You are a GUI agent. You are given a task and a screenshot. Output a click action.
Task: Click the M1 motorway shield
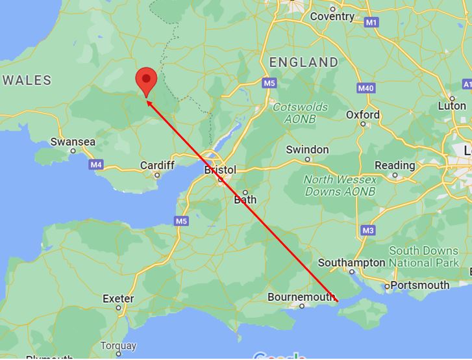click(371, 23)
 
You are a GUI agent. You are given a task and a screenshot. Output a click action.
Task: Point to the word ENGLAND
click(304, 63)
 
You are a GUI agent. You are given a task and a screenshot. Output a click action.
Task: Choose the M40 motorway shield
click(366, 88)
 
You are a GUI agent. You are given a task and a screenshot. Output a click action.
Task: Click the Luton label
click(452, 105)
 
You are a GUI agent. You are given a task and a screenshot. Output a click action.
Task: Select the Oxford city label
click(362, 115)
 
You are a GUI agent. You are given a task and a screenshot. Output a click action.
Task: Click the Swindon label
click(308, 149)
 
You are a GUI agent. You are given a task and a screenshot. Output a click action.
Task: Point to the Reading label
click(395, 165)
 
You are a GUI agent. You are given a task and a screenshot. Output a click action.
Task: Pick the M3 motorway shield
click(369, 230)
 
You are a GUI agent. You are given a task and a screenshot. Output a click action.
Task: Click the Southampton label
click(352, 263)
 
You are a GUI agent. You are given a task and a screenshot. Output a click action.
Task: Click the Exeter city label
click(118, 299)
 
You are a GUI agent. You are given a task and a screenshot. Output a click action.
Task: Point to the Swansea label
click(73, 142)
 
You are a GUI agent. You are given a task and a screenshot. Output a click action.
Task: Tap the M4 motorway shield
click(96, 165)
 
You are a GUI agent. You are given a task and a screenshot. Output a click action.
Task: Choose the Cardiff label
click(157, 166)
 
